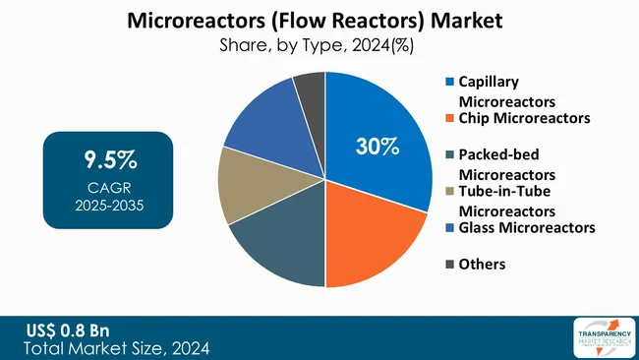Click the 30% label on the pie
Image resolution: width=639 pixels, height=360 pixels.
377,147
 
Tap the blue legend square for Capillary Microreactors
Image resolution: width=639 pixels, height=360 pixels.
450,82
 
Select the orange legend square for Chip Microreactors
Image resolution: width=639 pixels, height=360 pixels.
450,118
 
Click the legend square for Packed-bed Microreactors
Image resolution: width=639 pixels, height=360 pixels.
450,154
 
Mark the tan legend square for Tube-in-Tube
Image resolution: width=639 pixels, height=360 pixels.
450,191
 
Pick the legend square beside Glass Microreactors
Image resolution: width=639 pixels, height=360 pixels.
450,227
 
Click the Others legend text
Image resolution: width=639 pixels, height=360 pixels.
482,264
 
